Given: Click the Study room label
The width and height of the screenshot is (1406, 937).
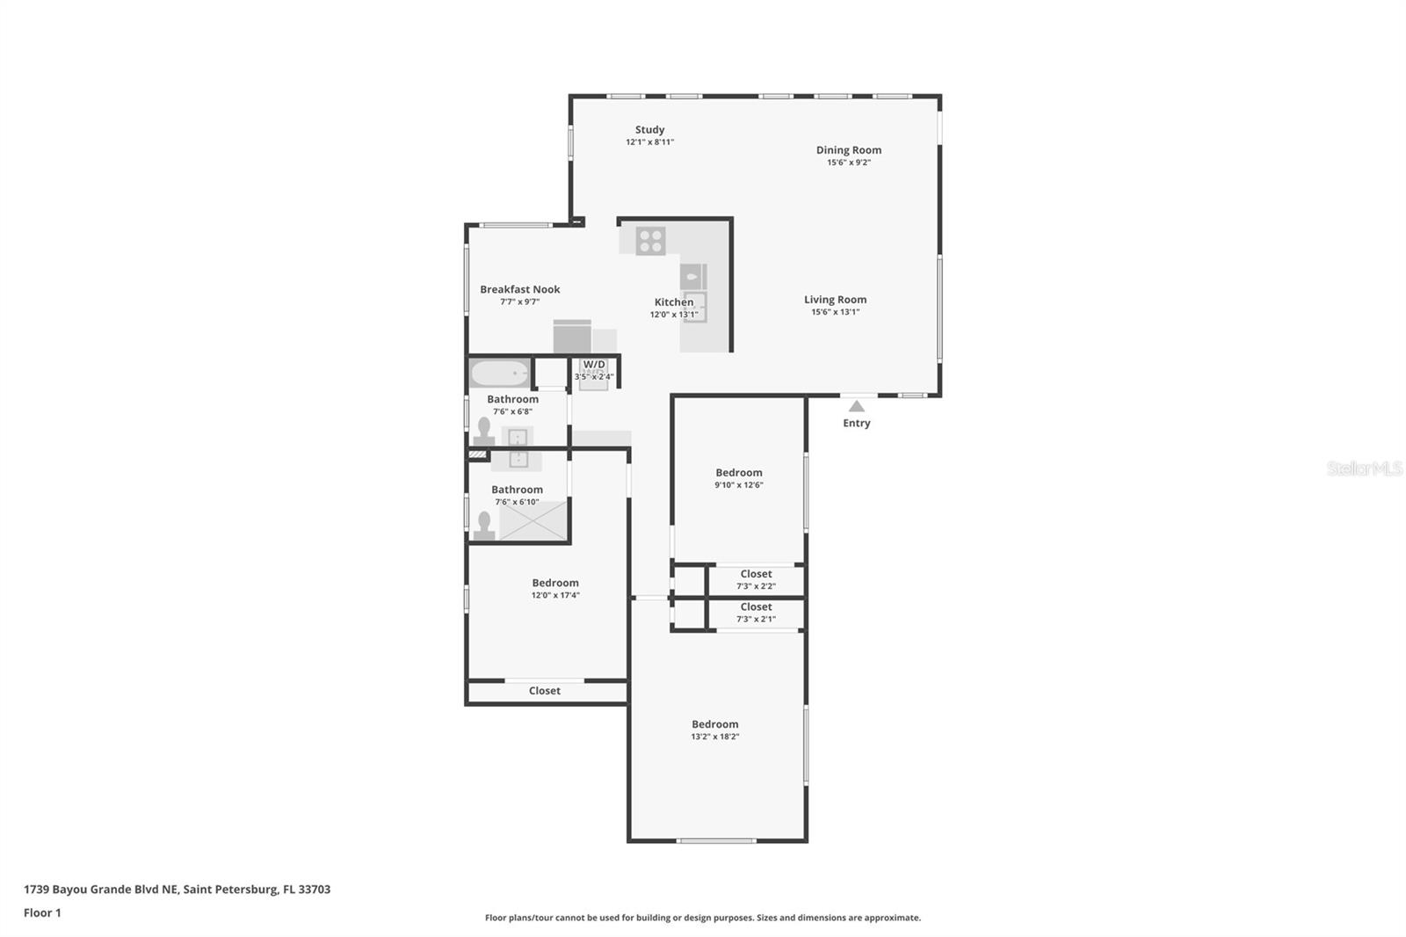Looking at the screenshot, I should [x=649, y=129].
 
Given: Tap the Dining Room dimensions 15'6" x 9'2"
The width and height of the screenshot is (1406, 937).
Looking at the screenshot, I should [x=848, y=163].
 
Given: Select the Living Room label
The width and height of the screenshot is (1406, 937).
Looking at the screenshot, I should [x=835, y=300].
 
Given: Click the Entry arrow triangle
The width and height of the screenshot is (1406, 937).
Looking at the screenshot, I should [x=856, y=406].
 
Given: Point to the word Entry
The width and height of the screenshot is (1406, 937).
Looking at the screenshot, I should [x=856, y=423].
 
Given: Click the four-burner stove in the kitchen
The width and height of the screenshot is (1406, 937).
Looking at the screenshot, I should [x=650, y=241].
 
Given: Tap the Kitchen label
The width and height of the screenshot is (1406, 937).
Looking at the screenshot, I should [x=673, y=302].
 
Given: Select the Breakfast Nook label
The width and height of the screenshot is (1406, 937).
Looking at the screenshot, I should [x=519, y=289].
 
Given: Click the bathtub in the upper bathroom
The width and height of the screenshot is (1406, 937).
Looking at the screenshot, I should [x=499, y=374].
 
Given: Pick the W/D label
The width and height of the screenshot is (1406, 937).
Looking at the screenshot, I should [x=594, y=364].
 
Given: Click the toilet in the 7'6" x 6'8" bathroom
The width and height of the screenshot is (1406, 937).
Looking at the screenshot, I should [x=483, y=430].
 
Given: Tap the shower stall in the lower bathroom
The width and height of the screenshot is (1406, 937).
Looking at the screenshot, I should [x=533, y=519].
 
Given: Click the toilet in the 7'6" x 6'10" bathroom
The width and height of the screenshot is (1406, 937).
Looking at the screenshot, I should [x=483, y=524].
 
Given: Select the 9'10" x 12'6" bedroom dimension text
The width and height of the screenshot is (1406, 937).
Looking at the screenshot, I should [x=738, y=485].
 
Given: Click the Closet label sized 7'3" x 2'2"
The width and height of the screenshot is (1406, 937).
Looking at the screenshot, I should [x=756, y=574].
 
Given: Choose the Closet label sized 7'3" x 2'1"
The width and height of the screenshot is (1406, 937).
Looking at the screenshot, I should [x=756, y=607].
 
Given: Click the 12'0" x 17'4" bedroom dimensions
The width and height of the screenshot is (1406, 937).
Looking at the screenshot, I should [x=554, y=595].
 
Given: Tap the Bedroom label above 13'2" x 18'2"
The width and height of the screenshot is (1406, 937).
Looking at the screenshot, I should [x=714, y=724].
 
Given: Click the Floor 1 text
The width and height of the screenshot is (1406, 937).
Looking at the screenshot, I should [x=42, y=912].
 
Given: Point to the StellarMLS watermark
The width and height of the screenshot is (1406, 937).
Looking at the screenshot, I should [x=1364, y=468].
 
